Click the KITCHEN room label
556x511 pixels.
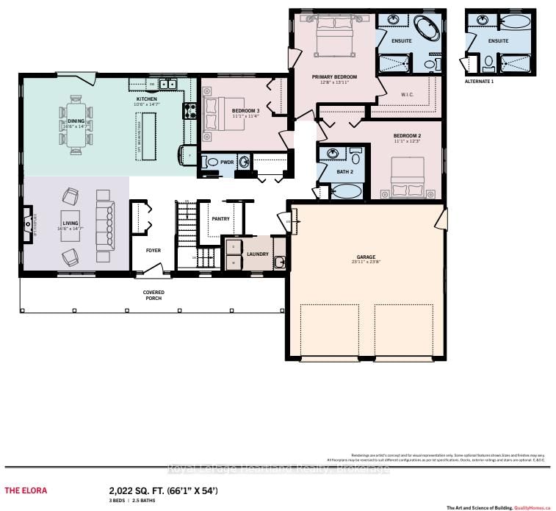[147, 99]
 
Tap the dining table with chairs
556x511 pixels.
[76, 126]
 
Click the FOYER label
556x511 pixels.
[154, 250]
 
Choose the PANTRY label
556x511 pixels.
[220, 218]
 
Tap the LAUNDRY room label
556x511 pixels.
[258, 254]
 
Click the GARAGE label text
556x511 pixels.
[366, 257]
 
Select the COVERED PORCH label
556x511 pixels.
[154, 296]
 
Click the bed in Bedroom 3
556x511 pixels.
[222, 115]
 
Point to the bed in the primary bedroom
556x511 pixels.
[334, 35]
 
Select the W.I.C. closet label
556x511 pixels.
[409, 94]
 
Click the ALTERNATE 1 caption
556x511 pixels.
[480, 82]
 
